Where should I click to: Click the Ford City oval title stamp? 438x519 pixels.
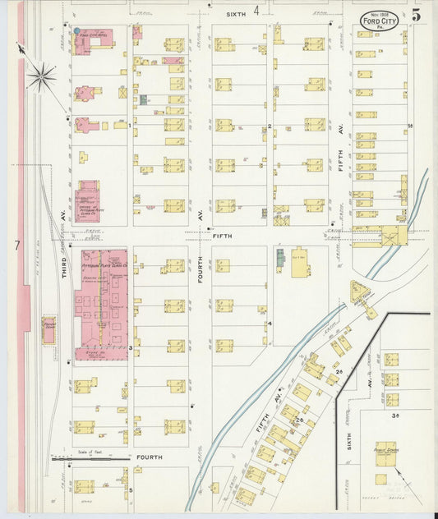[379, 20]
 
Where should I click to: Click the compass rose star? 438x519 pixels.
[40, 77]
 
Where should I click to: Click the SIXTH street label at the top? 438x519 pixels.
[237, 13]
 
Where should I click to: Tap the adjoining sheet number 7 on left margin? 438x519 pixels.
[16, 245]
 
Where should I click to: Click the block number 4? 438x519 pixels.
[269, 323]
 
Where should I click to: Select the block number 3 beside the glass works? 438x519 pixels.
[130, 348]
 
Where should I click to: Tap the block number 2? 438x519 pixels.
[269, 126]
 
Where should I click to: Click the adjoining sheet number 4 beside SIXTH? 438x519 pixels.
[256, 11]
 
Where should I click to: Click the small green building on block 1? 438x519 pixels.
[143, 99]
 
